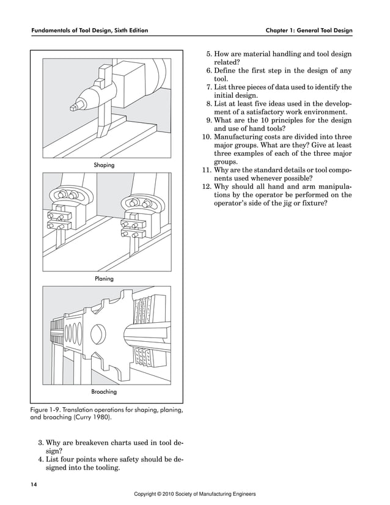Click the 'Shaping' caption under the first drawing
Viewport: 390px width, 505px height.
(x=103, y=165)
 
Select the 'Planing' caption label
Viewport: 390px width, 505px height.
(x=103, y=278)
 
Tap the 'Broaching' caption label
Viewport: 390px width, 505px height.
(x=103, y=391)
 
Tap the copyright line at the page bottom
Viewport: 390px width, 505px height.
(x=194, y=493)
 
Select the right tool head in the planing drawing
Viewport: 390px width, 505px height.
(x=138, y=214)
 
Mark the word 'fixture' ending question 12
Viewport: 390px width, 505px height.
(x=314, y=204)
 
